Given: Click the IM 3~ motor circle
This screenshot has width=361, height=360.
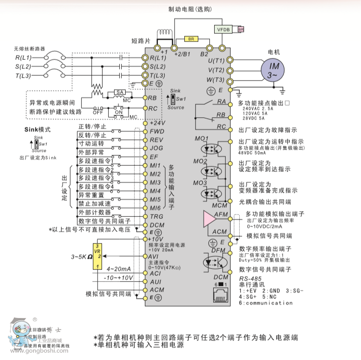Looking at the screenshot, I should (272, 70).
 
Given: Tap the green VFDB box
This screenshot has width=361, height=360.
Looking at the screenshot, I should (223, 29).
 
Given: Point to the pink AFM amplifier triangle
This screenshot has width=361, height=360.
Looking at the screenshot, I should (210, 219).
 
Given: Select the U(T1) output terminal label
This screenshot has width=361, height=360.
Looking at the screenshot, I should (216, 61).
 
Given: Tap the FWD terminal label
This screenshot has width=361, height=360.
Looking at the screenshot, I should (157, 131).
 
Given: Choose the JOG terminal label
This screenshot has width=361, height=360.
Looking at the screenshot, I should (156, 148).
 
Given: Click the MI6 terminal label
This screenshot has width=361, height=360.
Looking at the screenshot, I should (155, 208).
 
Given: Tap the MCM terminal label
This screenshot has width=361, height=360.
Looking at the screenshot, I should (219, 206).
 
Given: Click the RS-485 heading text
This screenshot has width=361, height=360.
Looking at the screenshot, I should (250, 279).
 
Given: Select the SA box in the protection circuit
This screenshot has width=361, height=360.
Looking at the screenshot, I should (118, 92).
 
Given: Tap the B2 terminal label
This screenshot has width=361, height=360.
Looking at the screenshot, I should (204, 54).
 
